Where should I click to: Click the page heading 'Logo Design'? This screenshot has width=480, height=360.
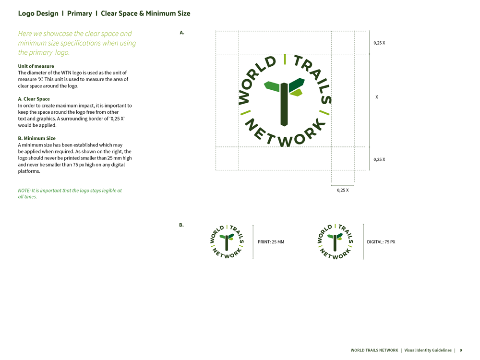pyautogui.click(x=38, y=13)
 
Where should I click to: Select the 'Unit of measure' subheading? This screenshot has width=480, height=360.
pyautogui.click(x=36, y=66)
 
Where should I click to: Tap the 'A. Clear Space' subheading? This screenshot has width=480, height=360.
pyautogui.click(x=34, y=99)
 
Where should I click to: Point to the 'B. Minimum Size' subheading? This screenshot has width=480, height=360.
pyautogui.click(x=37, y=138)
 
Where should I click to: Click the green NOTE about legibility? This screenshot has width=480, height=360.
pyautogui.click(x=70, y=193)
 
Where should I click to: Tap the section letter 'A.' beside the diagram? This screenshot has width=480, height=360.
pyautogui.click(x=182, y=33)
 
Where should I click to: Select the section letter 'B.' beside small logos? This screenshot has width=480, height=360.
pyautogui.click(x=181, y=225)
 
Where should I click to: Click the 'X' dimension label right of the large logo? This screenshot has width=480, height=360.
pyautogui.click(x=377, y=97)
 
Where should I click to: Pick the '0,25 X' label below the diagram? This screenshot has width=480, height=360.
pyautogui.click(x=343, y=190)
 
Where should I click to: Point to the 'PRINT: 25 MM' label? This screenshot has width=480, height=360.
pyautogui.click(x=271, y=242)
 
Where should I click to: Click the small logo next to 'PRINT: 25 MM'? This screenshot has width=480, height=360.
pyautogui.click(x=227, y=242)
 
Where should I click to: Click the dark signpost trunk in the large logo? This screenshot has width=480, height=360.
pyautogui.click(x=284, y=104)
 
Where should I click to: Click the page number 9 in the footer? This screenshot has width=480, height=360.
pyautogui.click(x=461, y=350)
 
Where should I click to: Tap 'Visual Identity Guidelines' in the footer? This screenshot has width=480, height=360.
pyautogui.click(x=428, y=350)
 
